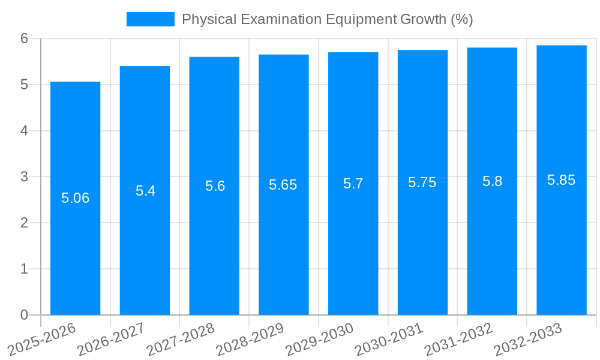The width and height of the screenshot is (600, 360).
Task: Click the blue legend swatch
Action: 150,19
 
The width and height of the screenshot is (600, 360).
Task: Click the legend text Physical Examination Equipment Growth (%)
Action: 327,19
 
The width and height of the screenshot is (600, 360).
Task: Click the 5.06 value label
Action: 75,198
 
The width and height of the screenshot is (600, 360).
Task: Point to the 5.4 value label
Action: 145,191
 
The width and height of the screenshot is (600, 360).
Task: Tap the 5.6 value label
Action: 215,186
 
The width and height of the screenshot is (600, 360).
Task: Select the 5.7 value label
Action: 353,184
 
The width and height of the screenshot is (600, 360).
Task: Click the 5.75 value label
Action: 422,182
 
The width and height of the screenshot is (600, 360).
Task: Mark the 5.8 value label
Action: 492,181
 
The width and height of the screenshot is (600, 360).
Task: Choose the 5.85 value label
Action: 561,180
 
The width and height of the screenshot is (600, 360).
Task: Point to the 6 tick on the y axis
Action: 24,38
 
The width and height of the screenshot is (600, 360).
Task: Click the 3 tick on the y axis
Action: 24,177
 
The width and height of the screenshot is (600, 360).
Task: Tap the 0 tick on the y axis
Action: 24,315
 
